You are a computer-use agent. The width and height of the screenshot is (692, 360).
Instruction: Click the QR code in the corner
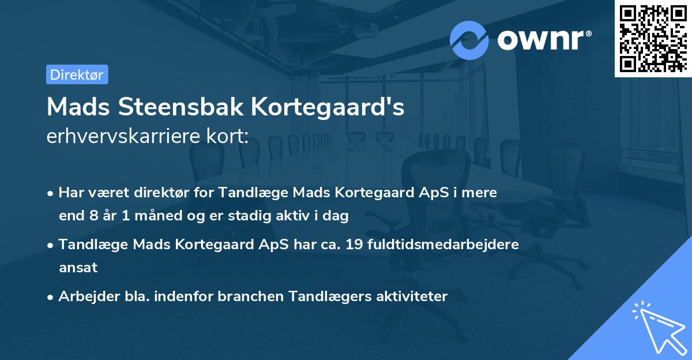(x=653, y=38)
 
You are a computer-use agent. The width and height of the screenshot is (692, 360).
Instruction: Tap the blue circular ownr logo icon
(x=469, y=40)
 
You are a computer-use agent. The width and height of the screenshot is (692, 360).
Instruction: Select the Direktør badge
(x=77, y=74)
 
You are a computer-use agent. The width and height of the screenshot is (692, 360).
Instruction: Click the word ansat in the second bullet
(x=78, y=268)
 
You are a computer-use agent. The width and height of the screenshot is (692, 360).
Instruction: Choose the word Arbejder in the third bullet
(x=84, y=297)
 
